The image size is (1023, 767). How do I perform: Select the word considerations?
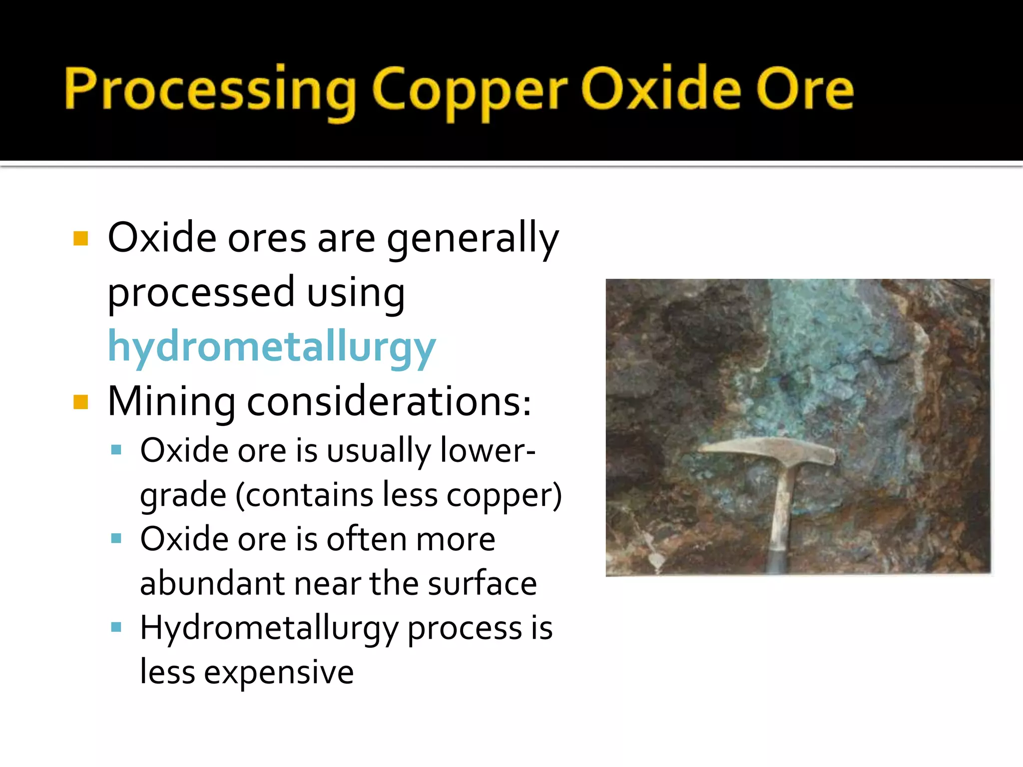tap(389, 402)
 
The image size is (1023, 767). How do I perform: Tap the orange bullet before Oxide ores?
tap(80, 238)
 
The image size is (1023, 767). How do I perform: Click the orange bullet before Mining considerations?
tap(80, 401)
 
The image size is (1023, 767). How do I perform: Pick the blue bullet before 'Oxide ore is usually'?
tap(116, 450)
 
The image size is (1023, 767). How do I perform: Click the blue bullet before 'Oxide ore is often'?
tap(116, 538)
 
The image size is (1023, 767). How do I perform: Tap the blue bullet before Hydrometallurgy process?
tap(116, 627)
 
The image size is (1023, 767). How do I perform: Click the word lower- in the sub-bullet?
tap(488, 450)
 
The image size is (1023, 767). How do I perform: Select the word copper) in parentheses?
tap(504, 495)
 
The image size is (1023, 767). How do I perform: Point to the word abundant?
tap(210, 584)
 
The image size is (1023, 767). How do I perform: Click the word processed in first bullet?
tap(201, 294)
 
